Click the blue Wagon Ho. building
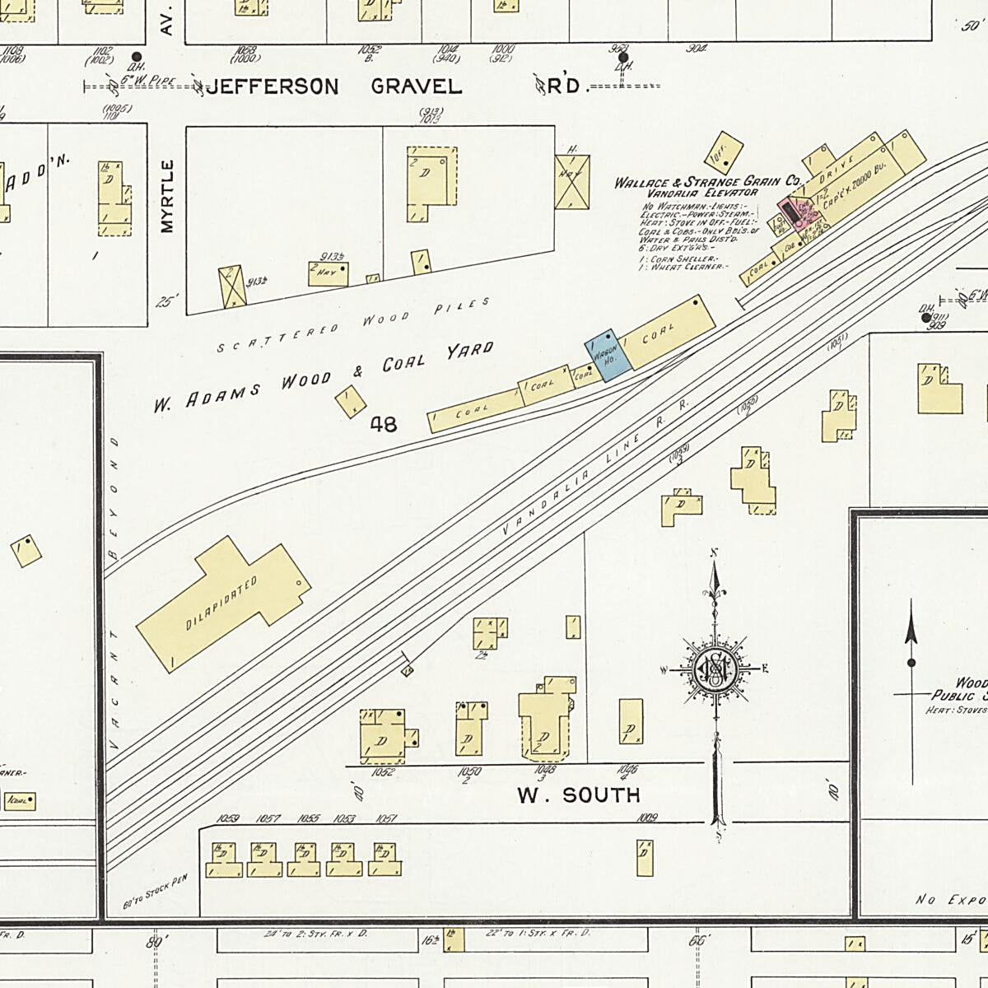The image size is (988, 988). (x=607, y=355)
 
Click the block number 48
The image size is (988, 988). (x=384, y=425)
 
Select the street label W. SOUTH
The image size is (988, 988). (x=578, y=795)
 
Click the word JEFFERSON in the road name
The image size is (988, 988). (x=272, y=87)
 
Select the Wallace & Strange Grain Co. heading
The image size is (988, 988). (x=707, y=182)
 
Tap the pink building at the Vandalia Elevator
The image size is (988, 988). (x=792, y=211)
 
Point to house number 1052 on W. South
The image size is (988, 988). (x=381, y=772)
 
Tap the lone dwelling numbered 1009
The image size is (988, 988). (x=645, y=857)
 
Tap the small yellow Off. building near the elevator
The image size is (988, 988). (x=725, y=152)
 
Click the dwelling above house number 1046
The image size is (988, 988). (x=631, y=721)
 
